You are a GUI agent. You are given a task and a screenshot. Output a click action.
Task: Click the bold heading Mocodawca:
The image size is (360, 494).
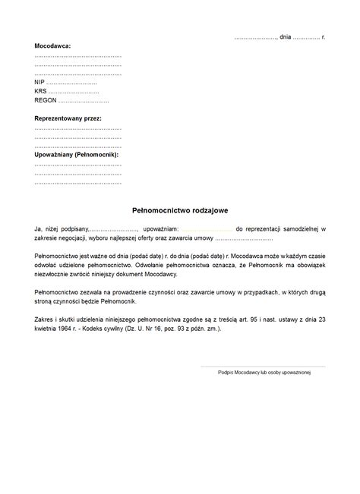coord(52,46)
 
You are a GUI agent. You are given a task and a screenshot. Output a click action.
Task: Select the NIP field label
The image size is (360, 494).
coord(39,82)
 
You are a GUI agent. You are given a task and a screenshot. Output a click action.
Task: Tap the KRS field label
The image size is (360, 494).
coord(40,91)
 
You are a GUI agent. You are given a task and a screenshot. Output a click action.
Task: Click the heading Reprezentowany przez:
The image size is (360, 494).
coord(68,119)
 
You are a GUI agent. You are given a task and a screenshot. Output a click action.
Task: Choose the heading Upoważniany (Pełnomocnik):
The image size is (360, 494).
coord(77,155)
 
